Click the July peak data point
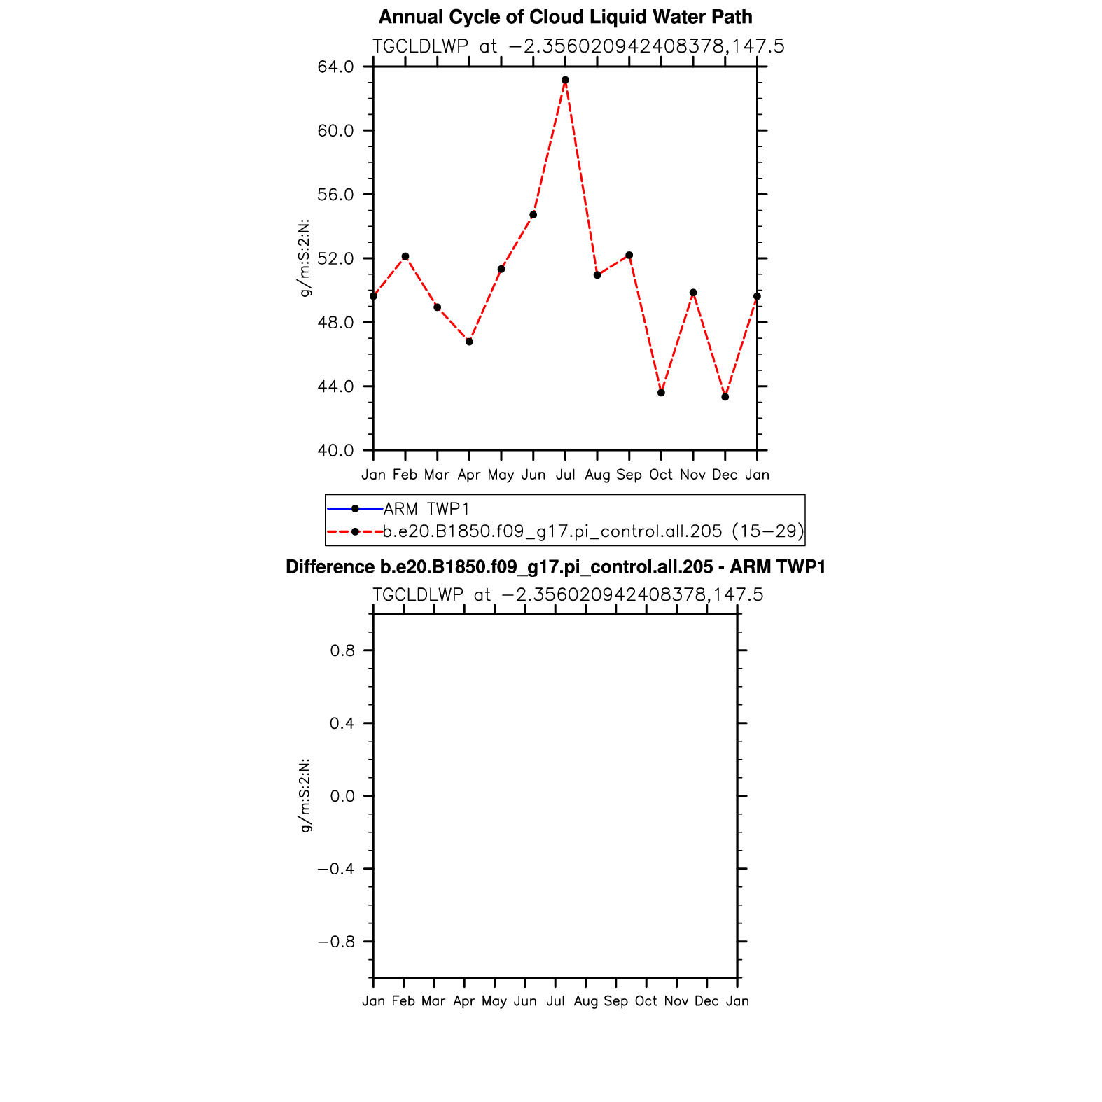(x=565, y=80)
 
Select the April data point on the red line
(x=469, y=342)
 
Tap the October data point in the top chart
(x=661, y=393)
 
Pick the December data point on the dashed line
(x=725, y=397)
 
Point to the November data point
(x=693, y=293)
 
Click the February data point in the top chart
(x=405, y=256)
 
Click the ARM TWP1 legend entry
(x=426, y=509)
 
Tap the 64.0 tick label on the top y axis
(x=335, y=67)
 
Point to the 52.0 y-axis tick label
(x=335, y=258)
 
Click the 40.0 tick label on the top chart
(x=335, y=450)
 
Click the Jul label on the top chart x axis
(x=565, y=475)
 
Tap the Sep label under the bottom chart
(x=616, y=1001)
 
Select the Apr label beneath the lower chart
(x=464, y=1001)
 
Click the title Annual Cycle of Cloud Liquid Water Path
(x=565, y=17)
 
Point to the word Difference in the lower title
(x=321, y=566)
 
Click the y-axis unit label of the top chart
(x=305, y=258)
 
